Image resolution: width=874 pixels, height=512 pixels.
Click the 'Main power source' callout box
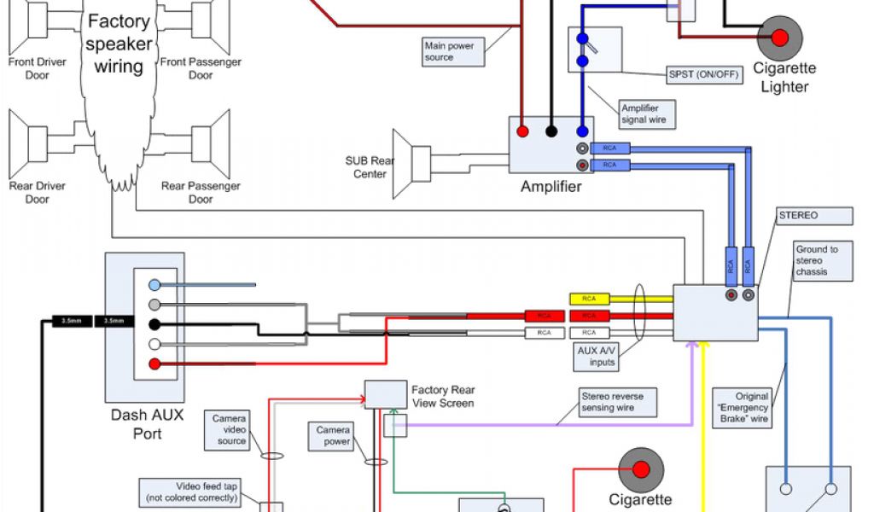453,51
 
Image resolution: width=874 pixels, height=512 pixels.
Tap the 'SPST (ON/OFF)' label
705,74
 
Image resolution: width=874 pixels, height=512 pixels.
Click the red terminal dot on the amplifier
521,131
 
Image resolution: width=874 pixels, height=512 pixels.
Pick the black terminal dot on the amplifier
552,131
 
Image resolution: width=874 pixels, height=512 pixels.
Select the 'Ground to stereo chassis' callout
821,260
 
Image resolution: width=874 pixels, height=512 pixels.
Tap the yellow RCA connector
589,300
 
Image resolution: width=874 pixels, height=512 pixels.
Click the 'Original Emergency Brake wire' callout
742,407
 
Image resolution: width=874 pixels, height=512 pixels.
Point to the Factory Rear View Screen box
386,393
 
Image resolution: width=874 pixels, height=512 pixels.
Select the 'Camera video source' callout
230,429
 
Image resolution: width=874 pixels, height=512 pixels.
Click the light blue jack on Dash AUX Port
154,284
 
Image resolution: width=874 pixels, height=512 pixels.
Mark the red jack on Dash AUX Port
154,364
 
